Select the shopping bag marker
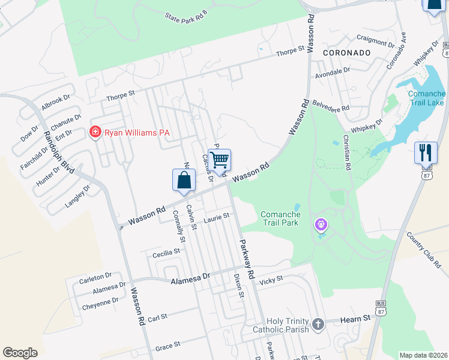coord(184,181)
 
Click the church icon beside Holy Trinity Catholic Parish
coord(318,325)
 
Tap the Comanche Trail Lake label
coord(426,98)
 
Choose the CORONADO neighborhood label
coord(346,53)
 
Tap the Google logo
coord(20,353)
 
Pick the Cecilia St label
coord(166,253)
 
